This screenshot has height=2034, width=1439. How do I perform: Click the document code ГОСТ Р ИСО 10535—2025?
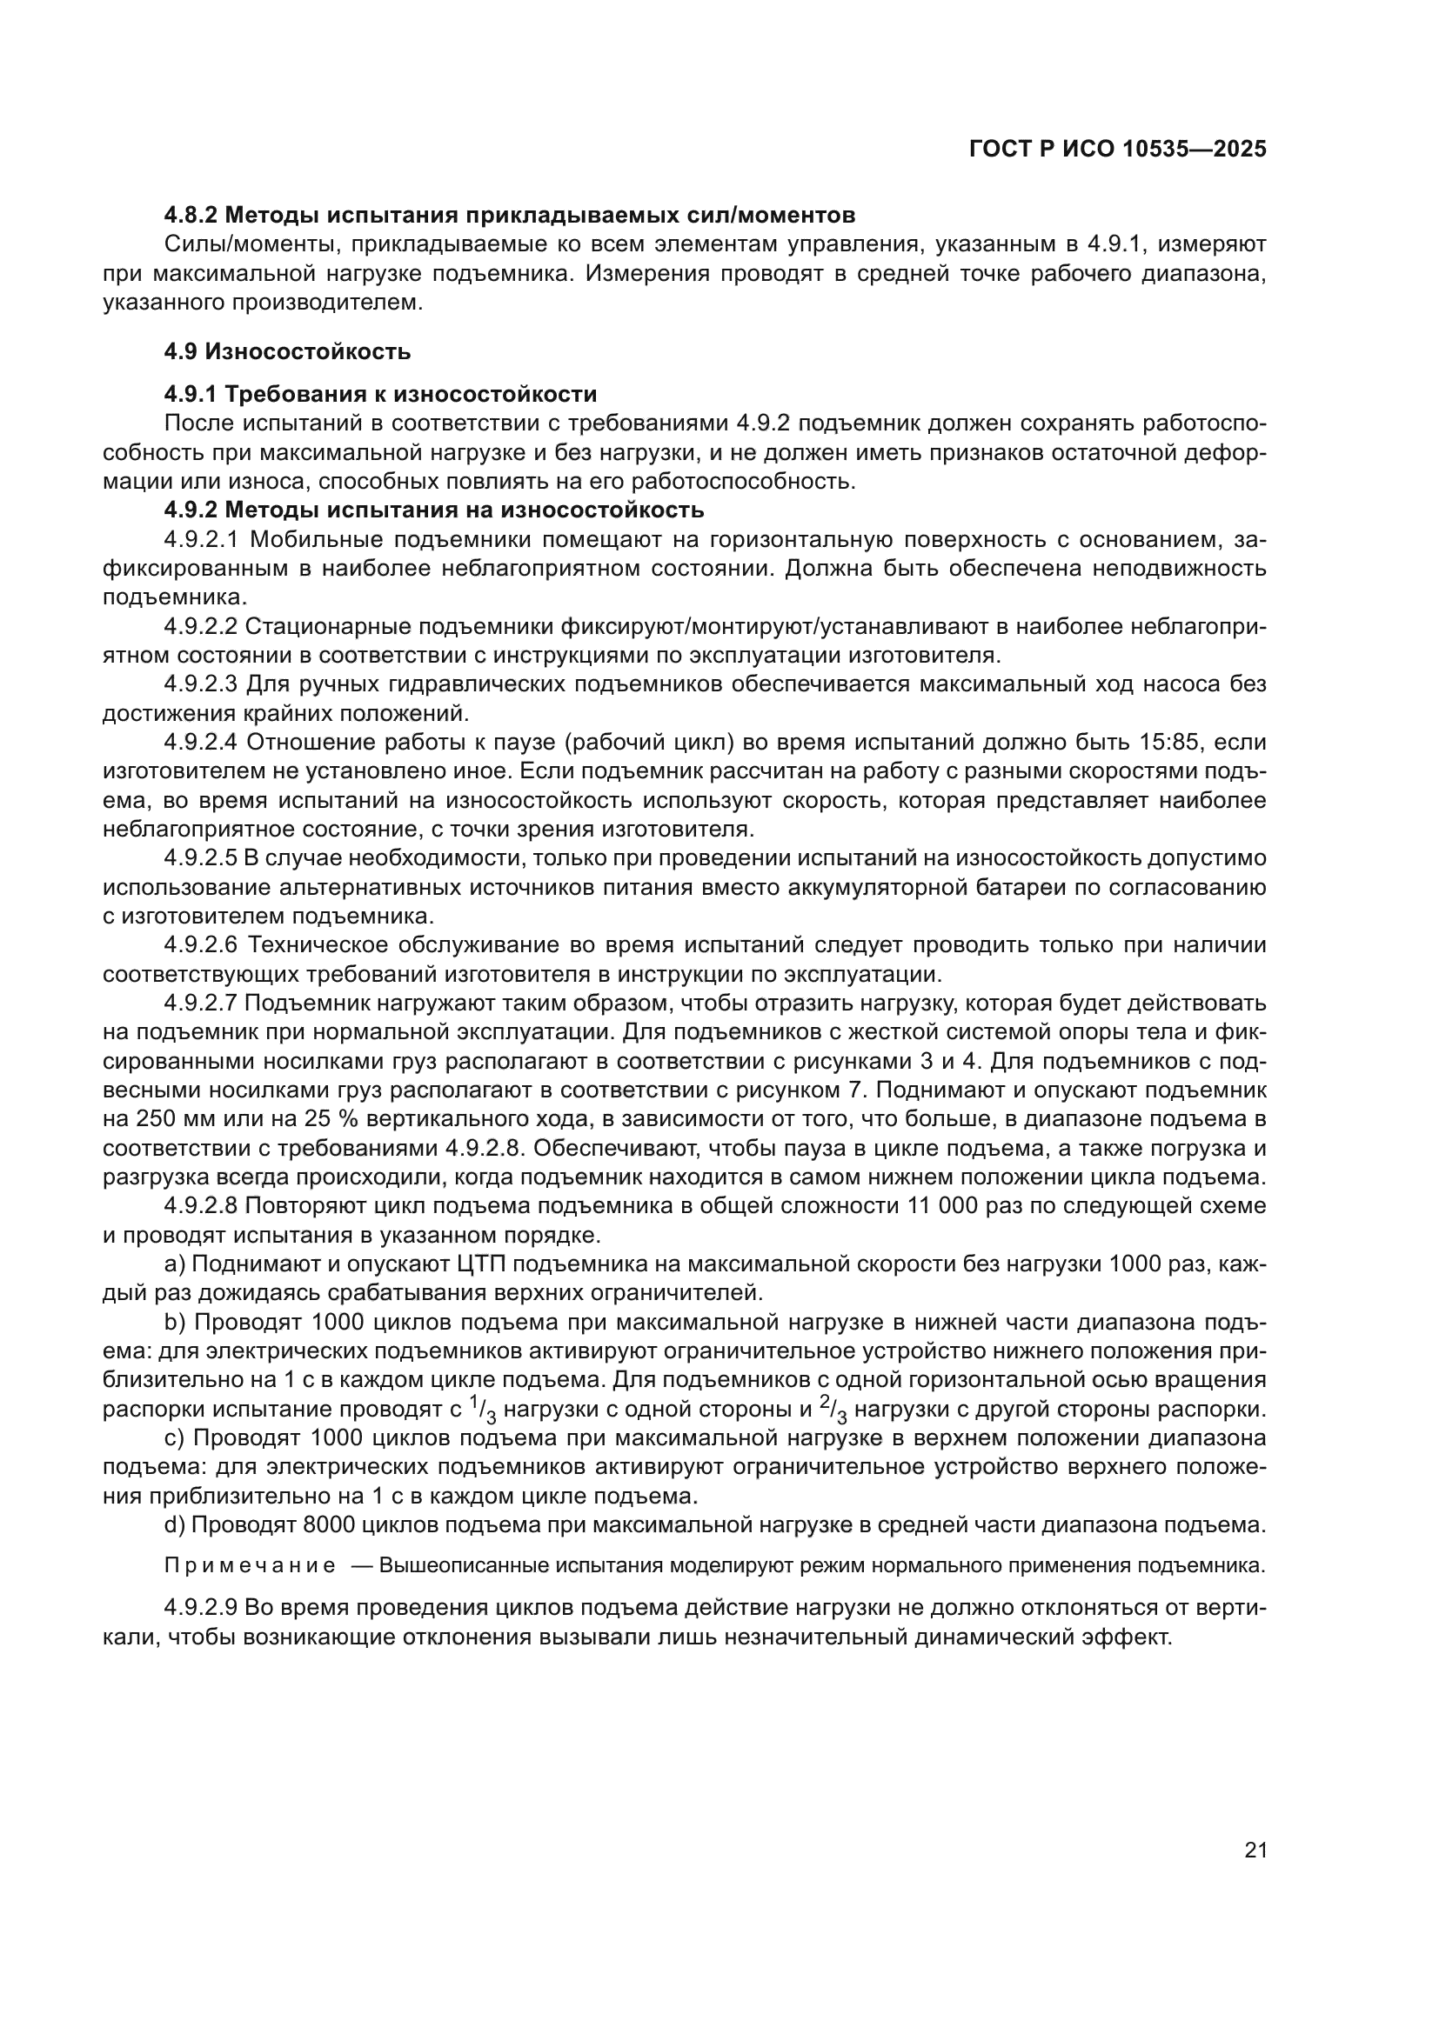tap(1117, 149)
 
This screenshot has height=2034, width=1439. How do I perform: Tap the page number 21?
tap(1255, 1850)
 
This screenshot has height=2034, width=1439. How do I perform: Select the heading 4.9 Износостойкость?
tap(287, 351)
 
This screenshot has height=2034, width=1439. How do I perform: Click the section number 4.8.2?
tap(191, 216)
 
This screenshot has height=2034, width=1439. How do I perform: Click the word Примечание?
tap(250, 1566)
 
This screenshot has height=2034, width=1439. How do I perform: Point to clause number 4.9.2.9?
tap(201, 1607)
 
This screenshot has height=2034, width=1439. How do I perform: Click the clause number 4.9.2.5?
tap(201, 857)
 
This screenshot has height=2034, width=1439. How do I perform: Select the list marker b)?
tap(173, 1322)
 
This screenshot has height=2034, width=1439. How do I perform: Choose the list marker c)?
tap(173, 1437)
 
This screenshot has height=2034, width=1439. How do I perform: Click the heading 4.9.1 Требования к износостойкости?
tap(380, 394)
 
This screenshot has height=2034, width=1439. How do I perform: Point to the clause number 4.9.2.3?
tap(201, 684)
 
